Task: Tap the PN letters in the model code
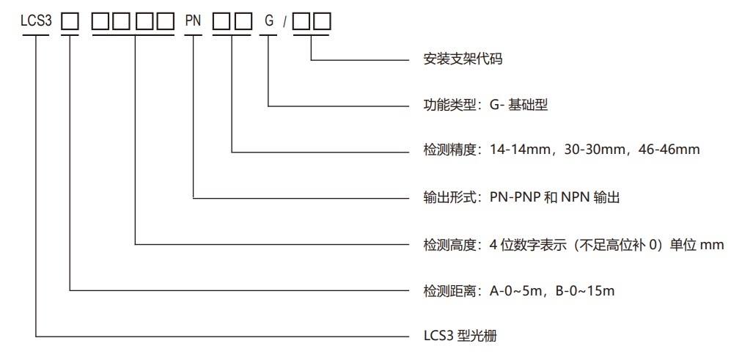click(x=193, y=23)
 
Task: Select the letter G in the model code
click(x=269, y=23)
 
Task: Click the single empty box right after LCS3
click(x=70, y=23)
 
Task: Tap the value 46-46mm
click(x=669, y=150)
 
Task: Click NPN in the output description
click(x=575, y=196)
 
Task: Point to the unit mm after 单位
click(x=712, y=244)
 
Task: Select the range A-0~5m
click(x=515, y=291)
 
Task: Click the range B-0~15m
click(x=584, y=291)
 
